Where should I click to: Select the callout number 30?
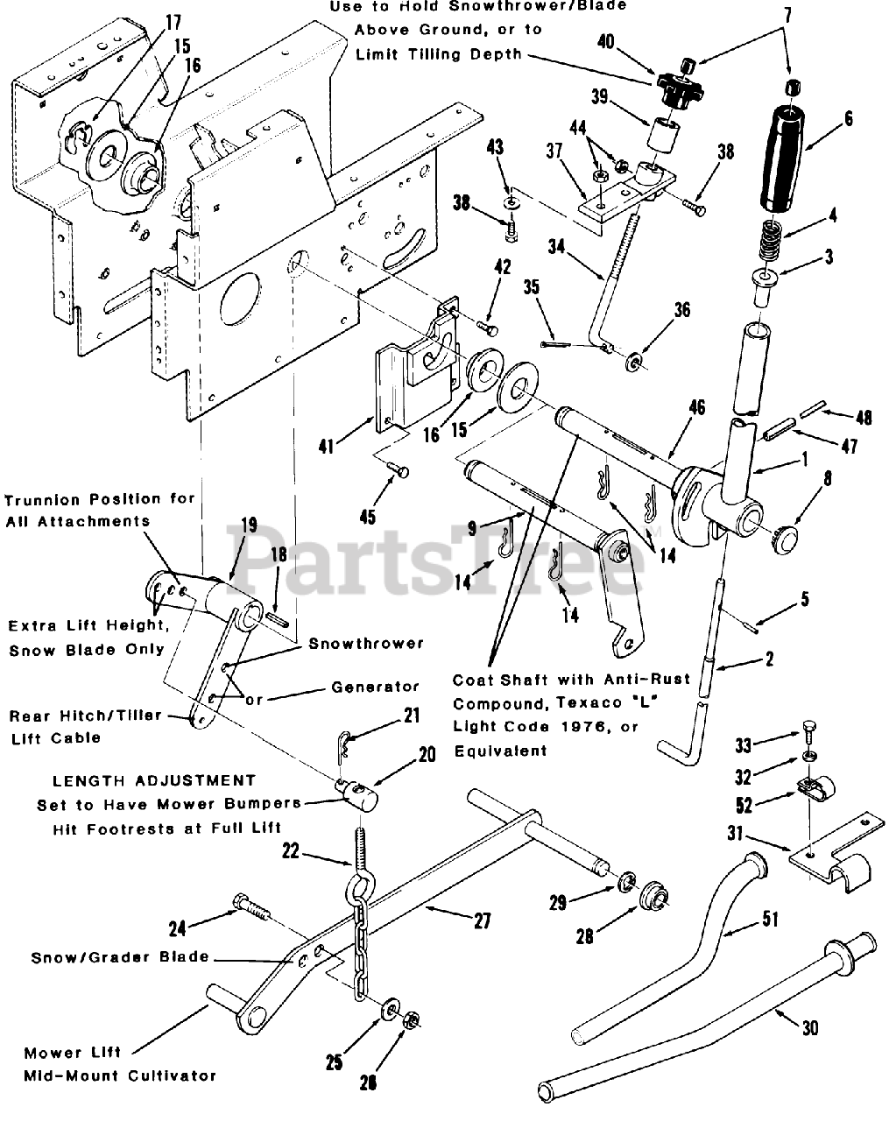[x=809, y=1027]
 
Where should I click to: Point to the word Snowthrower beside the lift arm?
[x=366, y=644]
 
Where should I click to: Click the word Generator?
[x=375, y=687]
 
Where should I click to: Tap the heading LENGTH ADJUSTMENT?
[x=154, y=780]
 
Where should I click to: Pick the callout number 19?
[x=250, y=525]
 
